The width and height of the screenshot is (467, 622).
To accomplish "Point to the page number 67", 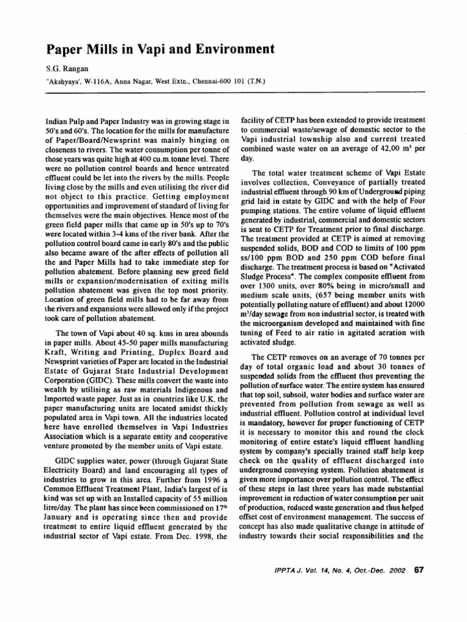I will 417,569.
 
